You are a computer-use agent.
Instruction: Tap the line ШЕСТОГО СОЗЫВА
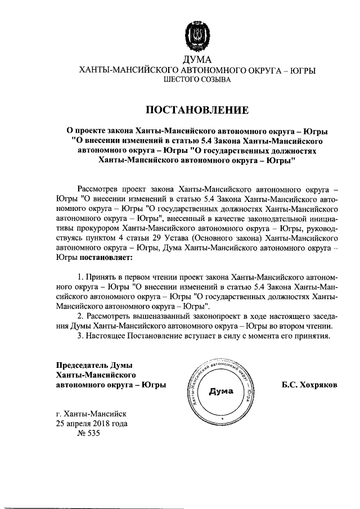point(197,81)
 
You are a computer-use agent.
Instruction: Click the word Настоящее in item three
point(105,337)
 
